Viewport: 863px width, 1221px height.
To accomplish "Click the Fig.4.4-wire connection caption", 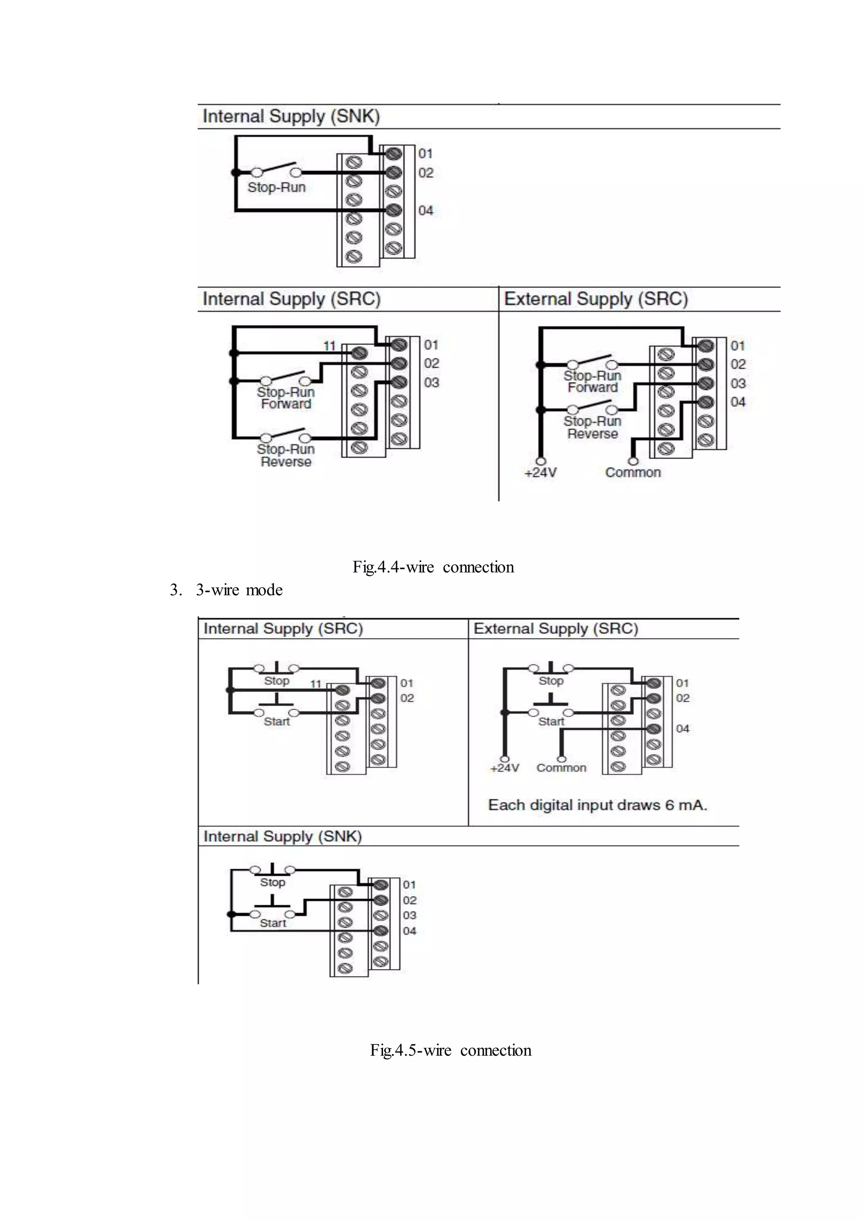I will [433, 567].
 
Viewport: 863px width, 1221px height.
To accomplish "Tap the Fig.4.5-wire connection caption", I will [450, 1050].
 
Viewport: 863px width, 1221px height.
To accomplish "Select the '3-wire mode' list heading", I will [239, 590].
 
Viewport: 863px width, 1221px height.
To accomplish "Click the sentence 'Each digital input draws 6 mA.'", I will [597, 805].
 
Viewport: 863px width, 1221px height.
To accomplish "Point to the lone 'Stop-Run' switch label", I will [276, 187].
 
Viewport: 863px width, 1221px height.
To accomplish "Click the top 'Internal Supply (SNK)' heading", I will [291, 116].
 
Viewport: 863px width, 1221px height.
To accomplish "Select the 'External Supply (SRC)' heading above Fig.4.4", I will [596, 299].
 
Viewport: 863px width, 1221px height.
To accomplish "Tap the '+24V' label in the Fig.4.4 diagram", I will [541, 473].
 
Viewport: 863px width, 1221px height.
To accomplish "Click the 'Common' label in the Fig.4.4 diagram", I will [633, 472].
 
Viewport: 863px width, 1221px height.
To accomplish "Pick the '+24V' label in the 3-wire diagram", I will [504, 768].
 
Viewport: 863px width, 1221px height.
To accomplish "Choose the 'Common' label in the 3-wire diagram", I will [561, 768].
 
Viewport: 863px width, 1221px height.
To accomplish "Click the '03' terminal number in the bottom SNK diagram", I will [409, 915].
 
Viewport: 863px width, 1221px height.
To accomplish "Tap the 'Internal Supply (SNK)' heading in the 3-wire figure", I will [283, 836].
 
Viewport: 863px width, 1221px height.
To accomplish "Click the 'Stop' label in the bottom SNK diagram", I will [273, 882].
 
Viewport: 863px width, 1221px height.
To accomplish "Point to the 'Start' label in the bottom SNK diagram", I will [273, 923].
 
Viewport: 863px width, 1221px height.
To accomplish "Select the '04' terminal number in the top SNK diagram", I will [426, 210].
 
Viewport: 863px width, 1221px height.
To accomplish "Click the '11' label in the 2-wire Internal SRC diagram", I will [330, 346].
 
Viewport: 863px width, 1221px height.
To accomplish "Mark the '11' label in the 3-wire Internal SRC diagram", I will [316, 684].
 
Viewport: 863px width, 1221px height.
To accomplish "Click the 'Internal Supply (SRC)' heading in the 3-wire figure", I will [283, 629].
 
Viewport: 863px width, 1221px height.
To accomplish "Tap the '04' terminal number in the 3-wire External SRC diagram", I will [682, 729].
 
